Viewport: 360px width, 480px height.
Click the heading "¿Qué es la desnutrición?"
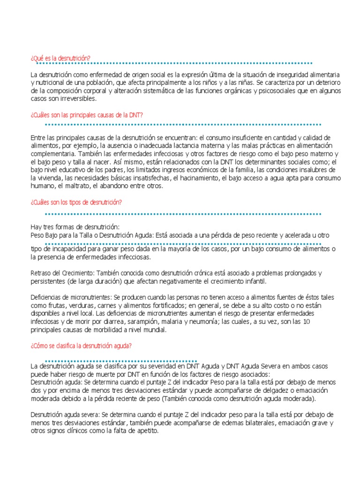click(60, 58)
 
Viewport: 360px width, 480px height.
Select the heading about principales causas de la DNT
click(87, 115)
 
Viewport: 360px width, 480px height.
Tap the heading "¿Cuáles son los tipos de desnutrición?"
click(76, 202)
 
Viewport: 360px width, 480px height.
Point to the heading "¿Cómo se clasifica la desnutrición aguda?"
click(81, 346)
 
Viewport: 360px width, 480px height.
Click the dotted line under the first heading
click(173, 63)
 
